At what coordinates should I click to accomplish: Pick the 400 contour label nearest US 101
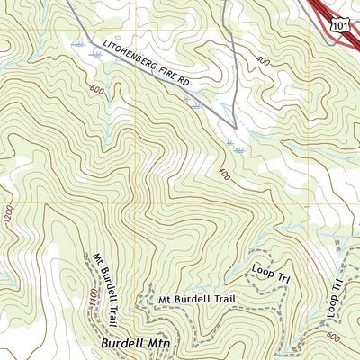tap(263, 60)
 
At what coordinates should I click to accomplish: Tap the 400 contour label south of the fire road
tap(222, 172)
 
